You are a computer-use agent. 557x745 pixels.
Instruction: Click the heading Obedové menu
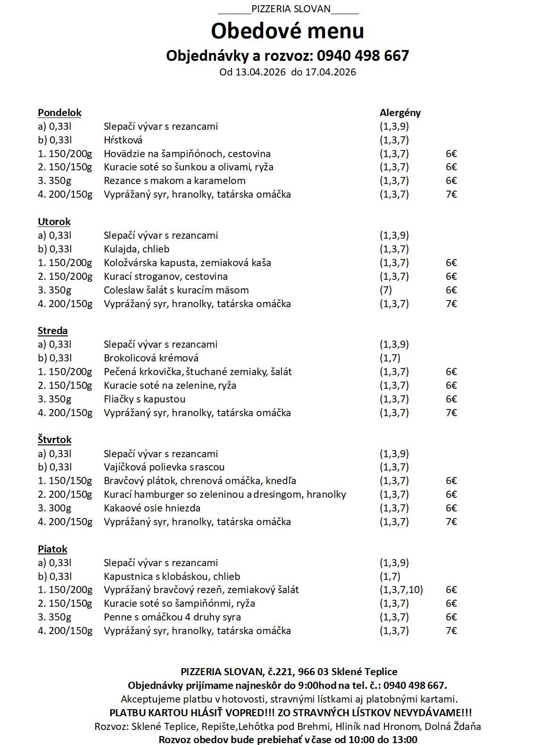pos(287,31)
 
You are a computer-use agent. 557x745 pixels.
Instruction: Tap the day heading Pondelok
pos(59,113)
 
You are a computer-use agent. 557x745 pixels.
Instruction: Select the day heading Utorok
pos(54,222)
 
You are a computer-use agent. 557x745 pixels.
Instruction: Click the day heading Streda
pos(53,331)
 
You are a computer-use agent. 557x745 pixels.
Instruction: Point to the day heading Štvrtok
pos(55,440)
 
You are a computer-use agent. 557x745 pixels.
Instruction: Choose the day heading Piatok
pos(52,549)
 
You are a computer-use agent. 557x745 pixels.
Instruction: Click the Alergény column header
pos(400,113)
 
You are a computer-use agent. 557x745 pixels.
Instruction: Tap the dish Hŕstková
pos(123,140)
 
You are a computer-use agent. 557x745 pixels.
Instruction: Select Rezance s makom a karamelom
pos(175,181)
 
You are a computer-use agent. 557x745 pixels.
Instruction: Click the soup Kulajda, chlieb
pos(136,249)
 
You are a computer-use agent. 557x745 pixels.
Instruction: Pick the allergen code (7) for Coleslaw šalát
pos(386,290)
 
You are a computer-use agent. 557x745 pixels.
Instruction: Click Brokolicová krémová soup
pos(151,358)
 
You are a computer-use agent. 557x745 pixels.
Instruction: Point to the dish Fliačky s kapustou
pos(144,399)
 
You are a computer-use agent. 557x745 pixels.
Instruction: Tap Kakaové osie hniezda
pos(152,508)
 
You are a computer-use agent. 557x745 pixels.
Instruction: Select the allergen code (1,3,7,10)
pos(401,590)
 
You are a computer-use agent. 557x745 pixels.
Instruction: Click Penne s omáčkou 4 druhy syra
pos(172,617)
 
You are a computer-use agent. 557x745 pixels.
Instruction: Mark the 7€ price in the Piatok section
pos(451,631)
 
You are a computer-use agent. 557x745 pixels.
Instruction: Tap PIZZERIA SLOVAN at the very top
pos(291,9)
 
